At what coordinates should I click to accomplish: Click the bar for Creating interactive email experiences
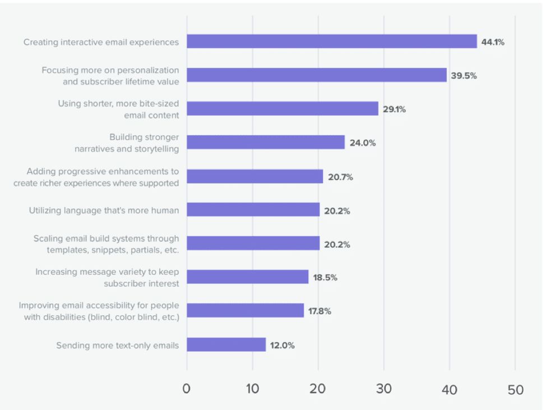point(331,42)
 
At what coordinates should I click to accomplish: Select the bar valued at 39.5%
point(317,75)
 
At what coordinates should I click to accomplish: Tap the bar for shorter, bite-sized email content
point(283,109)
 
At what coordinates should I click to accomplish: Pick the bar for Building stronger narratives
point(266,142)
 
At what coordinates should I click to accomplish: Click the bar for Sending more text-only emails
point(226,345)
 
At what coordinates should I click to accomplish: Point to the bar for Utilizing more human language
point(253,210)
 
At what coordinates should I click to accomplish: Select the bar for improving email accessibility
point(245,311)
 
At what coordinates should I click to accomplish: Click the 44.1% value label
point(493,42)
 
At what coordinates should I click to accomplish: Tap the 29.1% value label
point(394,109)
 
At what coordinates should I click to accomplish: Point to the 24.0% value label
point(362,143)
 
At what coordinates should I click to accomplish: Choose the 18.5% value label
point(325,278)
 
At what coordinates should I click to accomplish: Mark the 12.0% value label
point(283,345)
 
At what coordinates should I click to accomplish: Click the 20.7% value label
point(341,177)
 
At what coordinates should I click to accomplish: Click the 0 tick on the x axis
point(187,389)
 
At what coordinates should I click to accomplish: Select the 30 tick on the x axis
point(384,389)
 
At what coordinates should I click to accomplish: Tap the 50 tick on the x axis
point(515,389)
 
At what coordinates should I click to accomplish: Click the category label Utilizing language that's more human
point(104,210)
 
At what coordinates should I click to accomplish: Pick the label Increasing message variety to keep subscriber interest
point(107,278)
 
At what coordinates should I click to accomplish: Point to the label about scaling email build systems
point(106,244)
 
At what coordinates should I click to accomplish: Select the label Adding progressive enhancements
point(103,177)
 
